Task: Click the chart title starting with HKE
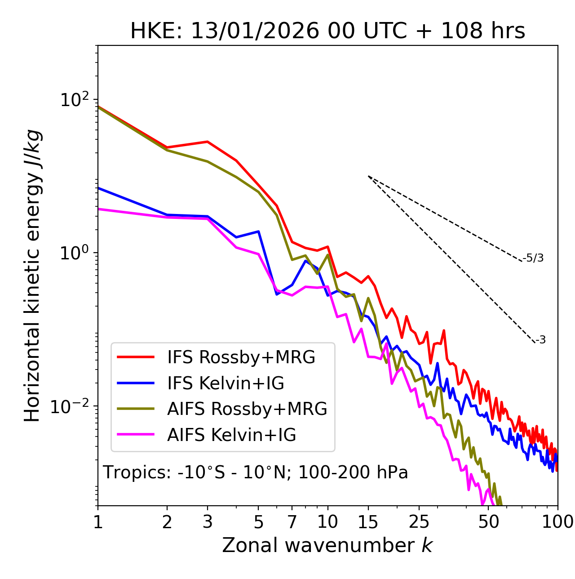coord(327,31)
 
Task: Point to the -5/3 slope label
coord(533,258)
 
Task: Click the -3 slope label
coord(541,340)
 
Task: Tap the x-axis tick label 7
coord(292,522)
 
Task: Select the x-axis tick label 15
coord(368,522)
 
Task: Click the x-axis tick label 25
coord(419,522)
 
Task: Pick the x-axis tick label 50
coord(488,522)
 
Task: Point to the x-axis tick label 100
coord(557,522)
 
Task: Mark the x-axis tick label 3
coord(208,522)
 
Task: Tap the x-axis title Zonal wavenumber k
coord(327,545)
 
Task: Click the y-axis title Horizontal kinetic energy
coord(32,276)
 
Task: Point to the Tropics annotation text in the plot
coord(256,473)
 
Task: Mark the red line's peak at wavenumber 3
coord(208,142)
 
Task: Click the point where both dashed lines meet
coord(368,176)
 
